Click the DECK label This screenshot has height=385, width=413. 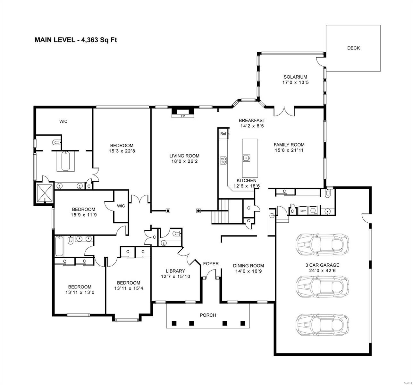[x=353, y=48]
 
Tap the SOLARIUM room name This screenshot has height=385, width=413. [x=295, y=77]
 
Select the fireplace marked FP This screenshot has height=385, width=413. [x=183, y=116]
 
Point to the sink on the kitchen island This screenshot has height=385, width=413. [x=246, y=157]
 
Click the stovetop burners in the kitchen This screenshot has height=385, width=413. [x=223, y=160]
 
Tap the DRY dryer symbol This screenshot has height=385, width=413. [x=303, y=211]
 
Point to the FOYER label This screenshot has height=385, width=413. [x=211, y=264]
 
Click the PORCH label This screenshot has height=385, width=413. [x=208, y=315]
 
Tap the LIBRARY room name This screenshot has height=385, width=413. [x=175, y=271]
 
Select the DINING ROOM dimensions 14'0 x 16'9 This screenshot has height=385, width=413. [x=248, y=271]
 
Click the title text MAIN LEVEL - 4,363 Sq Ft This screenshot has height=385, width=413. [x=73, y=40]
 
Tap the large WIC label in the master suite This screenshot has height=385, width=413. [x=63, y=121]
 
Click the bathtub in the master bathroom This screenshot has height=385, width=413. [x=65, y=161]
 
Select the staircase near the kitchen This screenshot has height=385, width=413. [x=221, y=212]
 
